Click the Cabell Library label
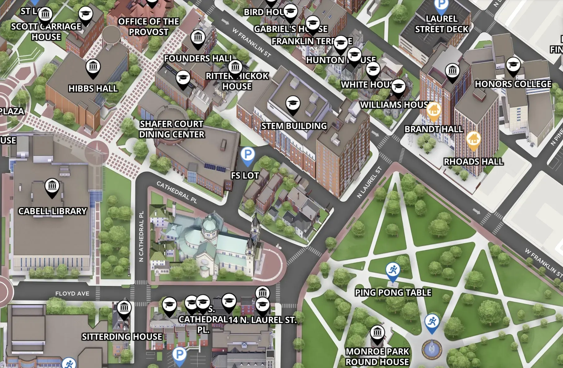click(52, 211)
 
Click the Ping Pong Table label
click(393, 292)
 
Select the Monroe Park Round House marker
click(377, 333)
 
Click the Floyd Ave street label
click(72, 293)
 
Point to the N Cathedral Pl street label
click(141, 237)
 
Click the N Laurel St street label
click(369, 182)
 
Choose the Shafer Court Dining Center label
click(172, 129)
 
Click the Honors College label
click(513, 84)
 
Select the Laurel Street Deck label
click(441, 24)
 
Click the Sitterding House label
click(122, 337)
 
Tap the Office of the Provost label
click(148, 27)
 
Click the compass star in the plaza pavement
click(97, 151)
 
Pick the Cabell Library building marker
click(52, 187)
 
